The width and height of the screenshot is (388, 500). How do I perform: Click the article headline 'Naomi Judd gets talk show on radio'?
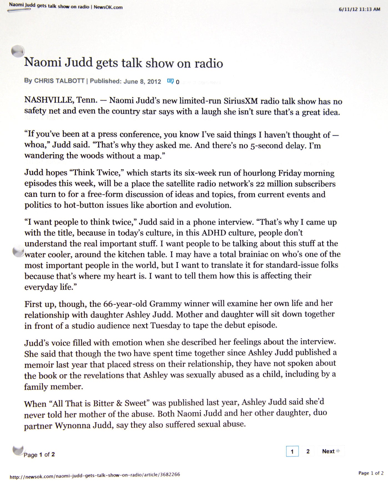tap(124, 63)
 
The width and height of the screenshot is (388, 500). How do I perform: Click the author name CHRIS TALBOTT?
tap(59, 81)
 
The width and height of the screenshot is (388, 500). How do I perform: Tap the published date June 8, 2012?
tap(142, 81)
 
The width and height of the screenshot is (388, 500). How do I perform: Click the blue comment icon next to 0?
tap(170, 81)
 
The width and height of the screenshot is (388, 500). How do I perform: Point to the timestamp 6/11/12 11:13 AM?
tap(359, 9)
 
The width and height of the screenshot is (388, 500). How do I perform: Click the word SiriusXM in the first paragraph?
tap(241, 101)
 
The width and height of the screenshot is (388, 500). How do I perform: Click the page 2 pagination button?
tap(308, 451)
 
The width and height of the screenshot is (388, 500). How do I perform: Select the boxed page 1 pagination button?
tap(292, 451)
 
